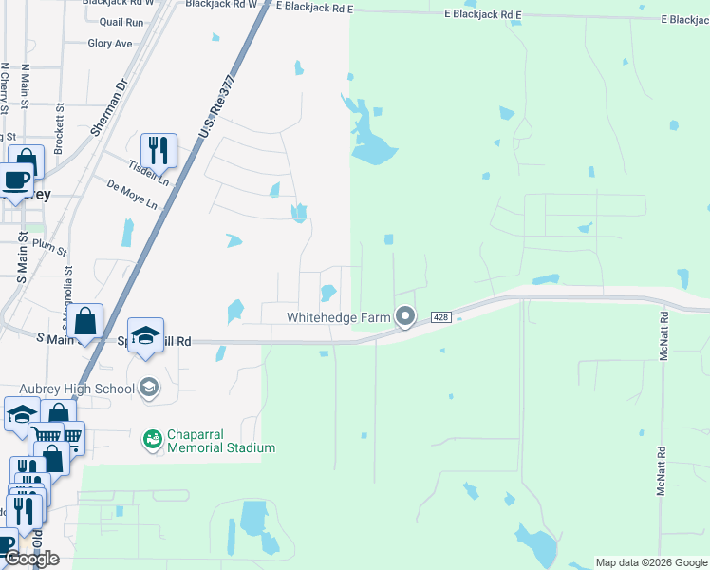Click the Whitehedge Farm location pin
[x=405, y=316]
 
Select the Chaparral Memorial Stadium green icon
[x=151, y=439]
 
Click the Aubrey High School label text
[x=77, y=389]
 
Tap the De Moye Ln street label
[x=132, y=196]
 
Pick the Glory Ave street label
[x=110, y=44]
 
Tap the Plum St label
[x=49, y=247]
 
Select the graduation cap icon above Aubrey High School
[x=145, y=336]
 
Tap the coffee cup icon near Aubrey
[x=16, y=180]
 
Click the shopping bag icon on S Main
[x=85, y=322]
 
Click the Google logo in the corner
[x=30, y=559]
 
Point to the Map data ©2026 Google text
[x=651, y=562]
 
